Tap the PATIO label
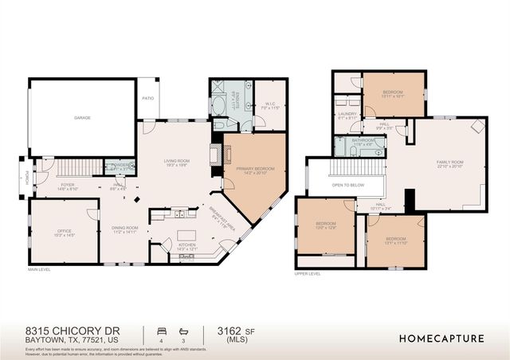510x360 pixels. click(x=147, y=99)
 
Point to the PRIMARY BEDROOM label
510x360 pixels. click(x=255, y=170)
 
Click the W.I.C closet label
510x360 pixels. click(x=269, y=104)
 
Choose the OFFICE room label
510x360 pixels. click(x=64, y=230)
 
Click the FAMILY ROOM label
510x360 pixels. click(x=449, y=163)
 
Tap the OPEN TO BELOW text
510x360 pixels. click(x=348, y=185)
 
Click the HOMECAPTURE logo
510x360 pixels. click(x=441, y=338)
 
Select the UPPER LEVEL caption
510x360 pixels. click(x=307, y=273)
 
